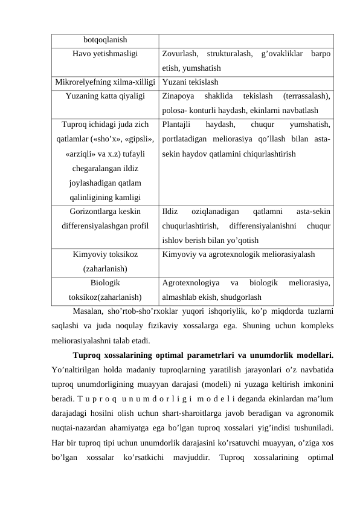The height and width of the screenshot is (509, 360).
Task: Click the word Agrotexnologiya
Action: [x=191, y=282]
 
